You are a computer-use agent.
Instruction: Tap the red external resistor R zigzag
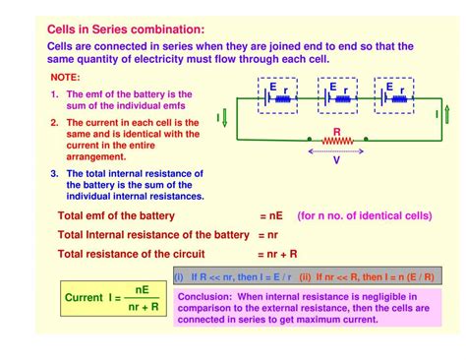click(x=337, y=142)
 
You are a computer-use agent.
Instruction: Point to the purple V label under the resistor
click(x=337, y=158)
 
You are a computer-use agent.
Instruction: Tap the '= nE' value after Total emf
click(x=272, y=215)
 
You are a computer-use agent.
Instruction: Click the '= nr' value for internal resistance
click(x=268, y=235)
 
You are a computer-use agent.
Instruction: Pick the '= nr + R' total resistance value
click(x=279, y=255)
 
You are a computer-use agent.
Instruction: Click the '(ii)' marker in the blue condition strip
click(x=306, y=277)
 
